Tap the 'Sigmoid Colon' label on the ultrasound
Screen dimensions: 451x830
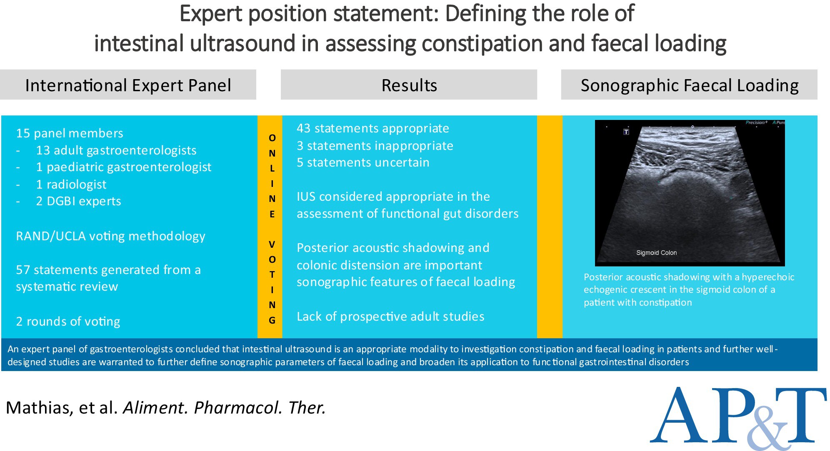[656, 253]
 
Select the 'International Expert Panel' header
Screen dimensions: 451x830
[128, 85]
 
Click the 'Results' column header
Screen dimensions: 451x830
[409, 85]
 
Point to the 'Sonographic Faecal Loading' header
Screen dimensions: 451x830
[690, 85]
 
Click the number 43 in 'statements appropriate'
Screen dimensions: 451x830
[303, 128]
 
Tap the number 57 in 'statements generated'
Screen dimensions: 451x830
[22, 270]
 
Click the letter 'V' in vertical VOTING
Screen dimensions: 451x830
[272, 244]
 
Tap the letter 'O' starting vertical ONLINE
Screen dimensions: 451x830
[272, 138]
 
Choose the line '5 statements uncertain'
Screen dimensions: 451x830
[362, 162]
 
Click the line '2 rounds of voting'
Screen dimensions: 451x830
[68, 321]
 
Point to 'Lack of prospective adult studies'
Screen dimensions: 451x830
[390, 316]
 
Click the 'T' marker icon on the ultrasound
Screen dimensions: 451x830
[626, 132]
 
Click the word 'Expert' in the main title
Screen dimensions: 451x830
[210, 14]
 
